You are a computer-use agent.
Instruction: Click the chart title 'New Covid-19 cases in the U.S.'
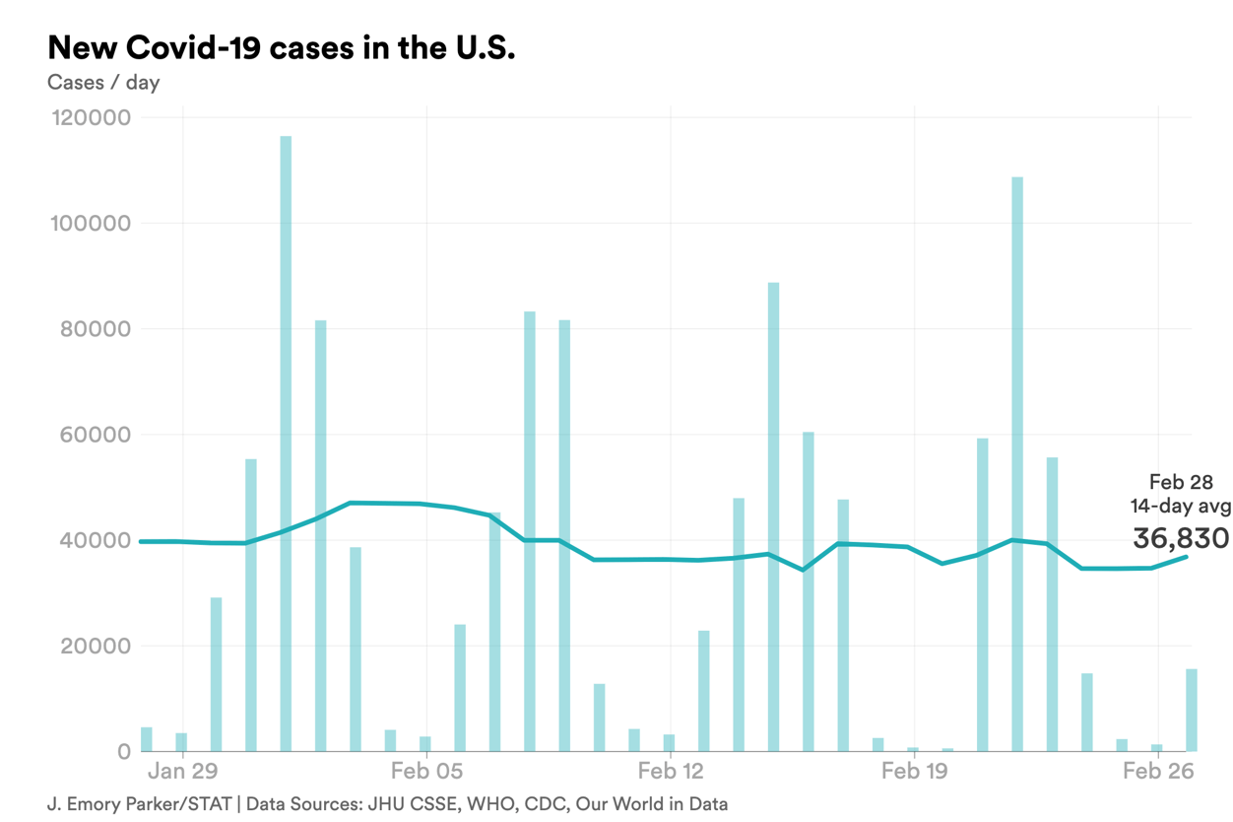click(x=281, y=47)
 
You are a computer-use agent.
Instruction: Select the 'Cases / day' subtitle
click(x=103, y=83)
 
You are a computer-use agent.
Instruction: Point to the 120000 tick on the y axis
click(x=90, y=118)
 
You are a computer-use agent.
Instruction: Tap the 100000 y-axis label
click(x=90, y=224)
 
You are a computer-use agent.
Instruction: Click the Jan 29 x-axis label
click(x=183, y=771)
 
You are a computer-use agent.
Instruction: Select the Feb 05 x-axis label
click(x=426, y=771)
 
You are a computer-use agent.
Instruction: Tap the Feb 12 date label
click(x=670, y=771)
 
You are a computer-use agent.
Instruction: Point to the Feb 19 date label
click(x=914, y=771)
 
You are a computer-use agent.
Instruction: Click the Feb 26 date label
click(x=1157, y=771)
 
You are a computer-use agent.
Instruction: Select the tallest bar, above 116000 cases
click(x=286, y=444)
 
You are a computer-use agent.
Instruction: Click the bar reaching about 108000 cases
click(x=1017, y=463)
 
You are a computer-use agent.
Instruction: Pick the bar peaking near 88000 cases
click(x=773, y=517)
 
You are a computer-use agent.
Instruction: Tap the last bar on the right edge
click(x=1192, y=710)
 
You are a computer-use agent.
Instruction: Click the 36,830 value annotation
click(x=1181, y=538)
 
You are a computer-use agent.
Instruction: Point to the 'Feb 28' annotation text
click(x=1181, y=482)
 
